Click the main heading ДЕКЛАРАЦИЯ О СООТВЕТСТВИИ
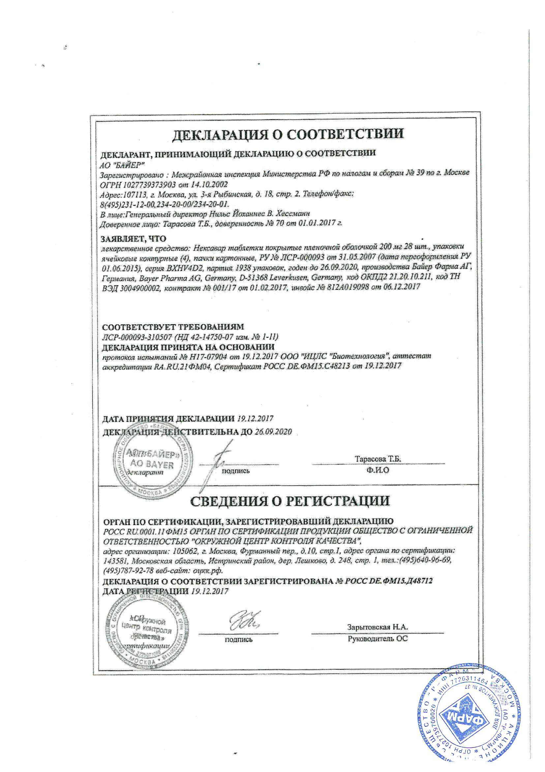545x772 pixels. (x=288, y=134)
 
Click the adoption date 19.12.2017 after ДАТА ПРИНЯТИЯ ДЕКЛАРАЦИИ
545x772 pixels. (x=255, y=418)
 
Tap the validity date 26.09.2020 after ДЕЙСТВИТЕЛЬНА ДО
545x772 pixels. (x=273, y=431)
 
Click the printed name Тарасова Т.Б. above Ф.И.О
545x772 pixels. (x=378, y=459)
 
